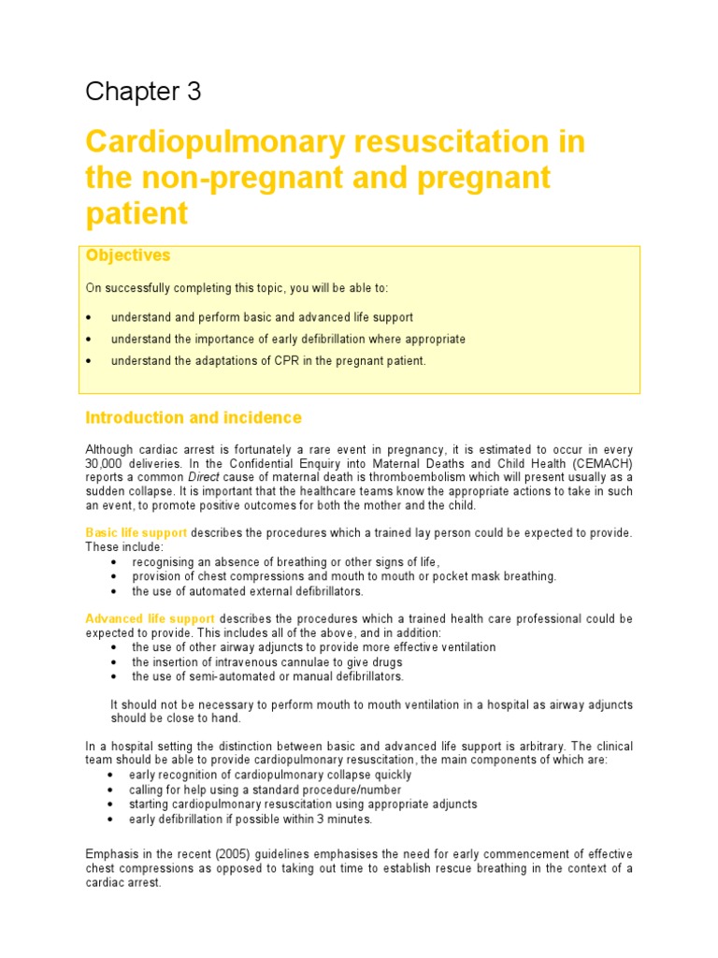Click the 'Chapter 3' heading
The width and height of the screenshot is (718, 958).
[x=143, y=92]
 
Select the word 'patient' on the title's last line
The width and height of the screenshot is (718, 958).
[x=136, y=213]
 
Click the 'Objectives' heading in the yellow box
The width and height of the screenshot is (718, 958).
[x=128, y=255]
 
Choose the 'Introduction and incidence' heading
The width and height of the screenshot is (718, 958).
[x=194, y=417]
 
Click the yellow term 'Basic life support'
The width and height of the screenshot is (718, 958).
[x=136, y=532]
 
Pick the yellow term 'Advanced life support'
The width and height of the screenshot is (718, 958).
[x=151, y=619]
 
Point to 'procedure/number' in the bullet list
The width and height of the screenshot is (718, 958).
[x=334, y=790]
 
